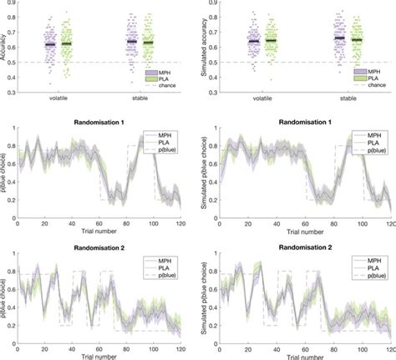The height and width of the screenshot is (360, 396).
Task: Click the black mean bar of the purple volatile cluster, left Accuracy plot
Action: coord(49,44)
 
